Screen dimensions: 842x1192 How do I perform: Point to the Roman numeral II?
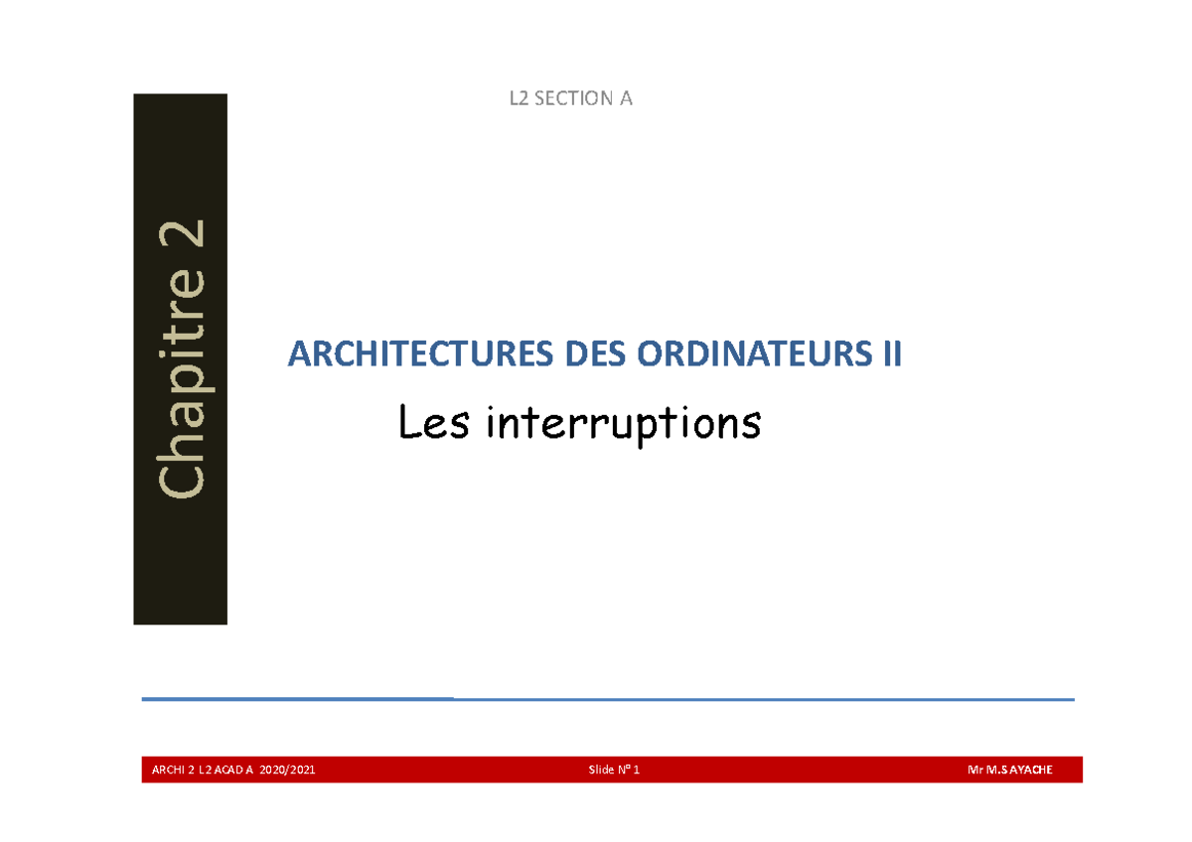click(x=891, y=354)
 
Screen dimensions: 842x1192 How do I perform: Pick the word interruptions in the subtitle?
click(x=624, y=426)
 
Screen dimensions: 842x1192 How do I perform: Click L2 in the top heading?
click(x=520, y=99)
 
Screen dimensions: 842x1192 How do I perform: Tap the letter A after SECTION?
click(x=626, y=99)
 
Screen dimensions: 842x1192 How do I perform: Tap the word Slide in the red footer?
click(x=601, y=771)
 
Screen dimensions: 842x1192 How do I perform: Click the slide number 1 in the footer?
click(x=637, y=771)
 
